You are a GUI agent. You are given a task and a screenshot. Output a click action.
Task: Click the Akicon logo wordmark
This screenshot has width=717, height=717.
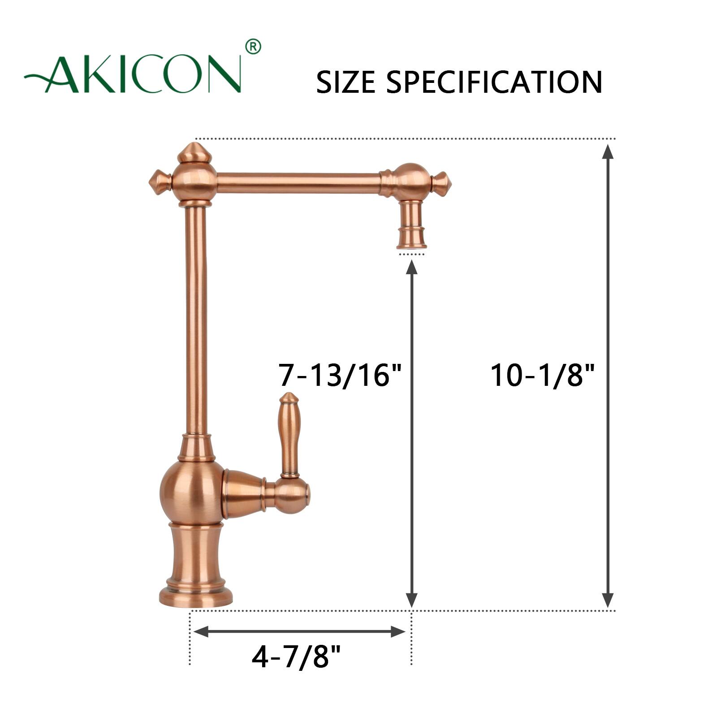[x=134, y=74]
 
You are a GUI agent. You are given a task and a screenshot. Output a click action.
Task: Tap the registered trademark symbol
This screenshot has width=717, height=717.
[x=253, y=47]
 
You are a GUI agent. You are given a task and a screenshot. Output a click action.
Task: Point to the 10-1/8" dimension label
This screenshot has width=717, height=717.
[x=542, y=375]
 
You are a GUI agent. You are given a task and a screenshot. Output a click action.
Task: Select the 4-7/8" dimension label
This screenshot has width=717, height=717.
[x=296, y=657]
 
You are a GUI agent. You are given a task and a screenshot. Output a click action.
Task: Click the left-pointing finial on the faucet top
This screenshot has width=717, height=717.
[x=158, y=183]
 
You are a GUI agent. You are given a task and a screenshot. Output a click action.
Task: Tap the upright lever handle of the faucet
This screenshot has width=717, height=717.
[x=289, y=432]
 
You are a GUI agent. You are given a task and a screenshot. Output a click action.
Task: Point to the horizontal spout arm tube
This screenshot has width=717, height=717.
[x=298, y=183]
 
